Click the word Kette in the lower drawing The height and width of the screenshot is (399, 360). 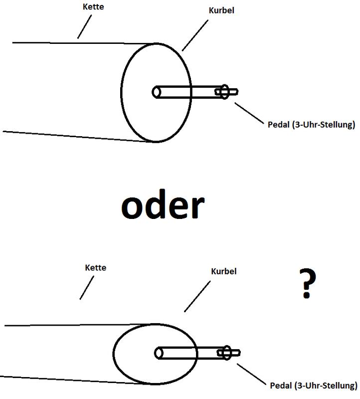pos(95,267)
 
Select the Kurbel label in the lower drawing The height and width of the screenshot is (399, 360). pos(223,271)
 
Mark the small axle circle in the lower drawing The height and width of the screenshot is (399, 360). pos(159,353)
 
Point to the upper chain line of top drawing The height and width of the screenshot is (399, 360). pos(80,43)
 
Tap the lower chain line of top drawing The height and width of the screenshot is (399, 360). pos(75,136)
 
